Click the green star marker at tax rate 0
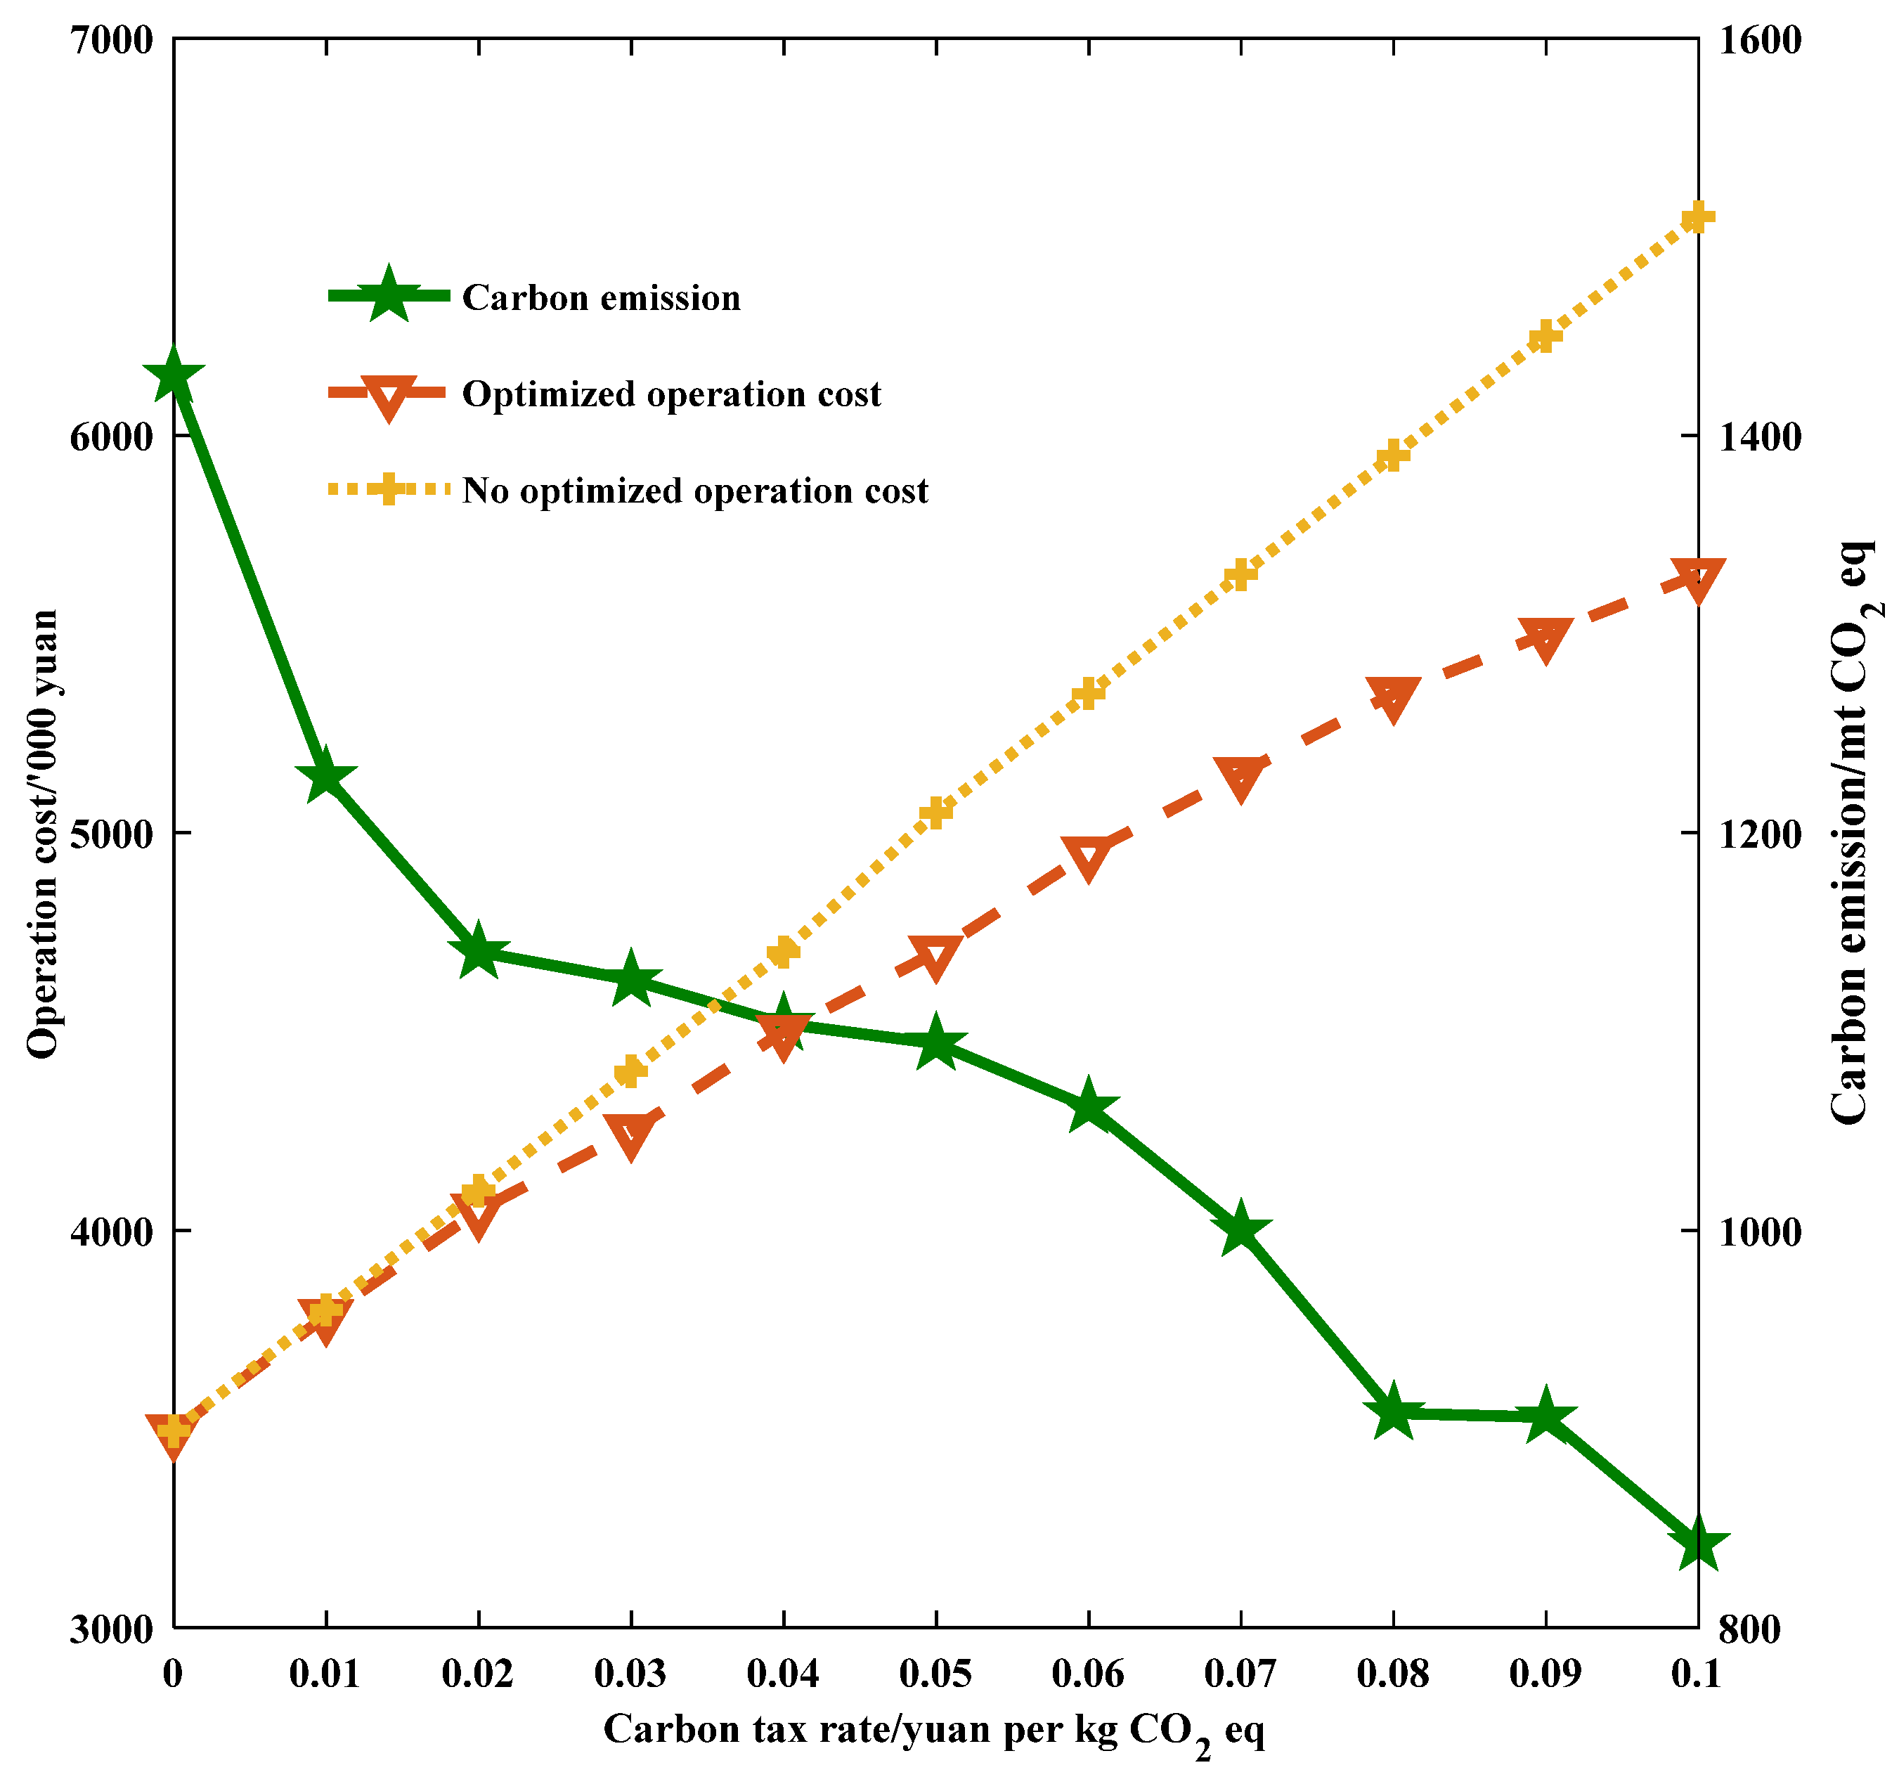173,375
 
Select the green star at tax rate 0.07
1240,1229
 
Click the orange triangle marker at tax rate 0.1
1697,580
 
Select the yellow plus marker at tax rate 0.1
1697,217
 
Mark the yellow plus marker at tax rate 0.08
1393,455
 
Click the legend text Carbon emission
601,298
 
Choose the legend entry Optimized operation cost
670,394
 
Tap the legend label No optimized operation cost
694,491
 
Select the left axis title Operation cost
43,833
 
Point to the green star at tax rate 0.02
478,952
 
